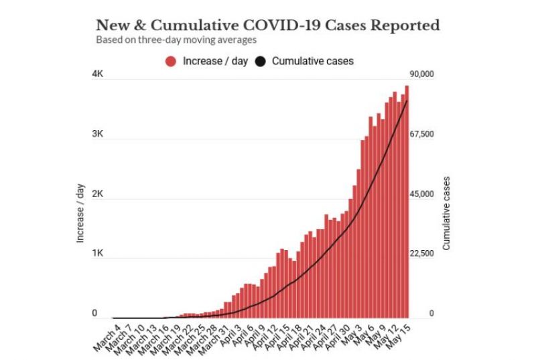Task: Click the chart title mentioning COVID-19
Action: [268, 25]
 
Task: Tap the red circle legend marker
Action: [171, 61]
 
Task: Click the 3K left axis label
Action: [97, 134]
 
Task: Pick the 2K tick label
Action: [97, 194]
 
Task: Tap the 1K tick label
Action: [97, 253]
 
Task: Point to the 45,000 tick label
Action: [422, 194]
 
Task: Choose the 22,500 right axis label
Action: [422, 253]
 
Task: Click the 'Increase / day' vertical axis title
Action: [80, 213]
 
